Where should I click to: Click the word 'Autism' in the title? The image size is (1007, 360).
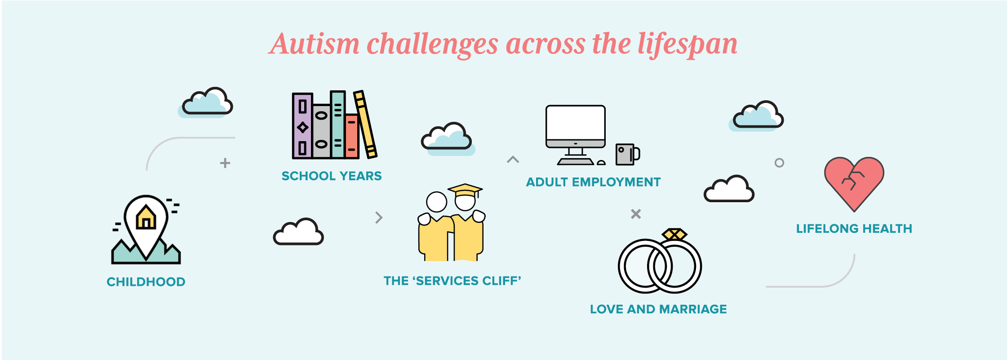315,44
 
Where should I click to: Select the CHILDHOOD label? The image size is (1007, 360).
146,282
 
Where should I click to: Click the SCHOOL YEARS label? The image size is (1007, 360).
332,176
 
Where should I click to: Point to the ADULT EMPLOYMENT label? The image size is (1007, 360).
593,182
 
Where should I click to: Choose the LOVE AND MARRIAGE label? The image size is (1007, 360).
658,309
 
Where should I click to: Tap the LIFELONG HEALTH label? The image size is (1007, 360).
854,229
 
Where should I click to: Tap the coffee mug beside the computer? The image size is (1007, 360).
627,154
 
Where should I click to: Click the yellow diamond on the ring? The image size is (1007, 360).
674,234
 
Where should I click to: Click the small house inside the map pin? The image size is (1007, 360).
146,217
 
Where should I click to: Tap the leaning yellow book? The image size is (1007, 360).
365,124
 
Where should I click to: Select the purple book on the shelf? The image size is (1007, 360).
302,126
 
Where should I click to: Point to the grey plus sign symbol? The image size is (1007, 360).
225,163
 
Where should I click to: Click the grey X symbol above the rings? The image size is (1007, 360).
636,214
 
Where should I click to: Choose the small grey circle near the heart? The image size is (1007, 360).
779,163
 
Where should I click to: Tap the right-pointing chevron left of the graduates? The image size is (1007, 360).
379,218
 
